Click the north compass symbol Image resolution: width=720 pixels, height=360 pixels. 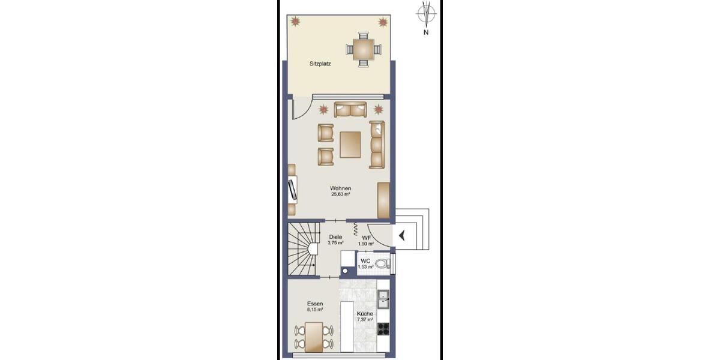(x=426, y=13)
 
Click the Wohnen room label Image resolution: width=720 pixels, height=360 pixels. (x=340, y=188)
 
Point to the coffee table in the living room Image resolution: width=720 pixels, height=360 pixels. (x=350, y=145)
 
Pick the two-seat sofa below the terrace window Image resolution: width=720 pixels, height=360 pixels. (x=350, y=110)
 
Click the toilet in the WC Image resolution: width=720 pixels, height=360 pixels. (x=382, y=263)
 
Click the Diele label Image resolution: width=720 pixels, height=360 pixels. (x=335, y=237)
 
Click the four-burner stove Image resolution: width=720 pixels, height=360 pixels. (x=383, y=328)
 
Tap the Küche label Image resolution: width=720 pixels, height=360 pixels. (x=365, y=314)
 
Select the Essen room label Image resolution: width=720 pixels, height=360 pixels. (x=315, y=304)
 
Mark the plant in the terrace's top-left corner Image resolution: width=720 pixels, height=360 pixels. (x=296, y=21)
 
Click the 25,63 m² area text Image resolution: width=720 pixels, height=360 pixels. (x=340, y=194)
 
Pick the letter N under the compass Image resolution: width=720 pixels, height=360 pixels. (x=426, y=33)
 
